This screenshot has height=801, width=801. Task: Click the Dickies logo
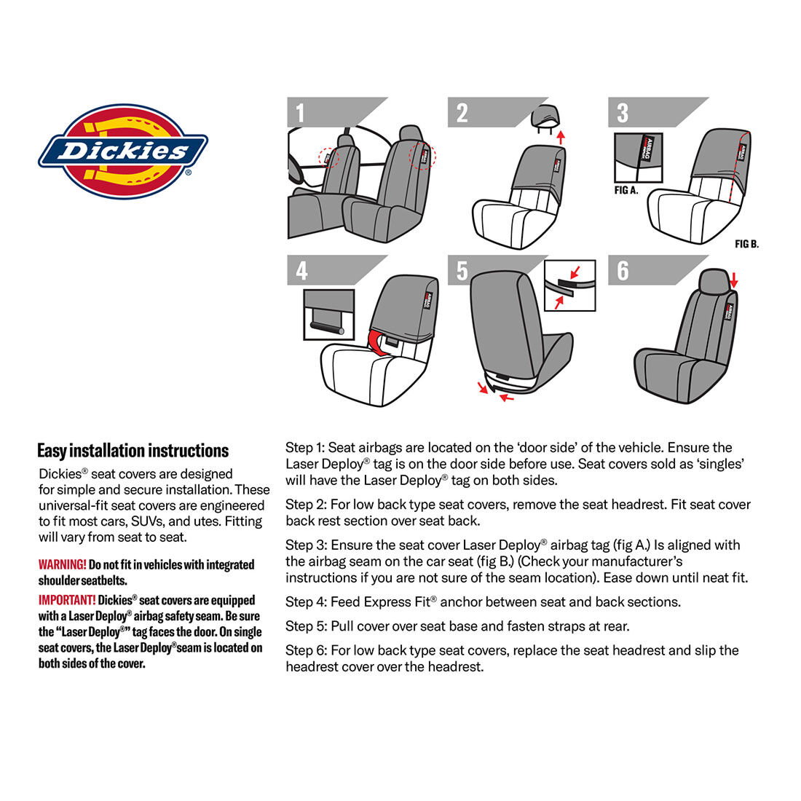(x=122, y=151)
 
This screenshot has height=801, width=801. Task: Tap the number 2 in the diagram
(x=462, y=113)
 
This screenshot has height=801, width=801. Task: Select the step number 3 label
(x=623, y=113)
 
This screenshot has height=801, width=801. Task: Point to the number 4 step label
(x=301, y=271)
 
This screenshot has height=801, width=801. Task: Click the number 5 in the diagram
(x=462, y=271)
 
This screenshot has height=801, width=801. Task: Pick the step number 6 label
(x=623, y=271)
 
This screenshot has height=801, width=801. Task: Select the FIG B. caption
(x=746, y=244)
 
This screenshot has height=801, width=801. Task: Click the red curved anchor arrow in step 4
(x=378, y=341)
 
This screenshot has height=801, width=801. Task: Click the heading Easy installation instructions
(x=133, y=451)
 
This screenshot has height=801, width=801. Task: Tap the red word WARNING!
(x=62, y=564)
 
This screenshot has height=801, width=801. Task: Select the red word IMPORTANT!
(x=66, y=600)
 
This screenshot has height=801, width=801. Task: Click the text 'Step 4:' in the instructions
(x=306, y=602)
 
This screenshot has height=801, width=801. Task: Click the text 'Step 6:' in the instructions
(x=306, y=650)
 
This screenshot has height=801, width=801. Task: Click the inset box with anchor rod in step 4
(x=328, y=314)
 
